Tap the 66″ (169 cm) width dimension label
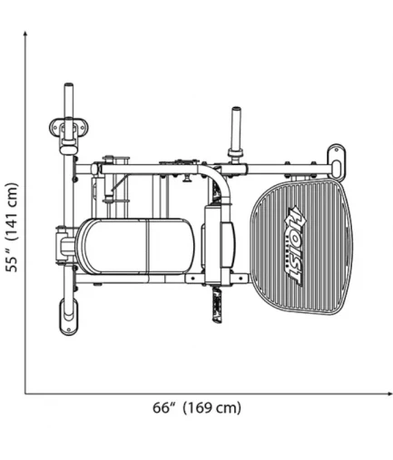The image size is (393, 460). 197,408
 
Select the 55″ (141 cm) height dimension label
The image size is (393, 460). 12,228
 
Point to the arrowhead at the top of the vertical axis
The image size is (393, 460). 25,34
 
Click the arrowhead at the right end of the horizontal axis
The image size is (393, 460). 389,394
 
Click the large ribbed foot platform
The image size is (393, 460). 301,247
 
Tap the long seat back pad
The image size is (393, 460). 136,246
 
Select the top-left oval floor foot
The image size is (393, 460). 69,127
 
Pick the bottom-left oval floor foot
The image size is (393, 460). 69,317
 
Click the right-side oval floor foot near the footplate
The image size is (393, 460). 337,161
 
